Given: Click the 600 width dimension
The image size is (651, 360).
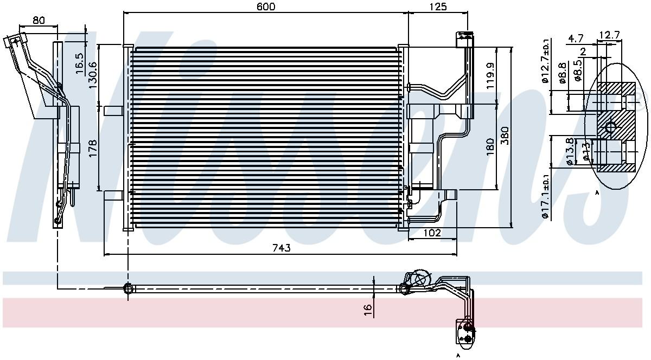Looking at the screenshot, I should [266, 7].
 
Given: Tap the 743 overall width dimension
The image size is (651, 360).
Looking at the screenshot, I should [282, 248].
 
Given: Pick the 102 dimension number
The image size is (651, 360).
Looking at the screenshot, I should [432, 233].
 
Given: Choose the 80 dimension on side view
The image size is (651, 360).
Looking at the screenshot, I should [39, 21].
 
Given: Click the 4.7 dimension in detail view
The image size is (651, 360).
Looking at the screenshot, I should [576, 38].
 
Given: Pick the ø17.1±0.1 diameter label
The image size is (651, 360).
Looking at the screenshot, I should [546, 196].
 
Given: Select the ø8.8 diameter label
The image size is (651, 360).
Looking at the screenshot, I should [561, 72].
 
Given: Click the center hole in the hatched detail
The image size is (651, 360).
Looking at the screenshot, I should [610, 128].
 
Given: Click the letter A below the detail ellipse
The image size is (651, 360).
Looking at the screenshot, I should [597, 193].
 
